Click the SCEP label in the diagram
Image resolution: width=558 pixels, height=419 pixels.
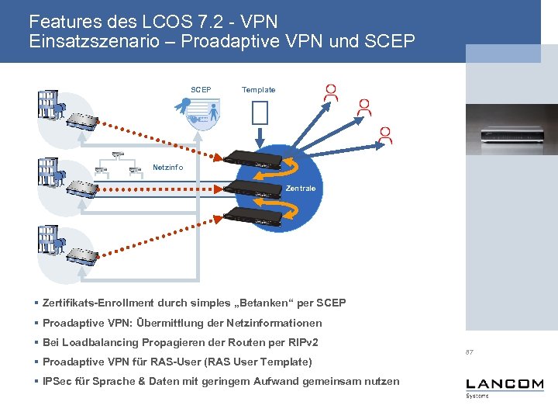coord(201,90)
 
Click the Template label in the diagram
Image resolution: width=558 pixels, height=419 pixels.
coord(258,90)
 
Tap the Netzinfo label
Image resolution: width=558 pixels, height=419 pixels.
coord(168,167)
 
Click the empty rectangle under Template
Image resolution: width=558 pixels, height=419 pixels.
coord(260,113)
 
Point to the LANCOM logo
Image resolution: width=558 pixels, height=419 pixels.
coord(505,385)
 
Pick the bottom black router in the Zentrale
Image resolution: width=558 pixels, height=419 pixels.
coord(250,219)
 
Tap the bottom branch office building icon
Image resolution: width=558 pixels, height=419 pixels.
coord(49,241)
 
